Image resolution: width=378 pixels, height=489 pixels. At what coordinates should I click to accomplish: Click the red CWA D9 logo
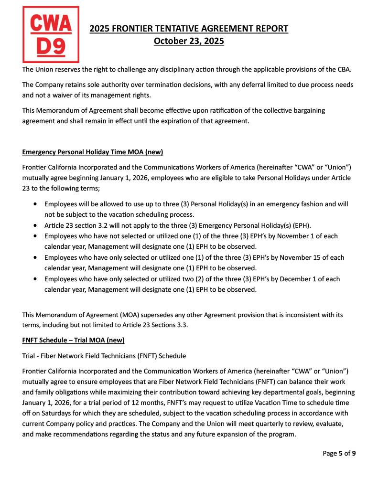click(x=50, y=34)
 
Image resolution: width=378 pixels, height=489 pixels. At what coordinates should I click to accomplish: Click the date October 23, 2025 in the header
click(x=189, y=41)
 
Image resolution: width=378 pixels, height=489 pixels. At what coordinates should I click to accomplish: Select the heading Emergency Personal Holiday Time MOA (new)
click(x=93, y=152)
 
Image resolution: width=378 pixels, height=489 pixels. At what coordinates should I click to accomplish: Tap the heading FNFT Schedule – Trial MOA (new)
click(x=73, y=340)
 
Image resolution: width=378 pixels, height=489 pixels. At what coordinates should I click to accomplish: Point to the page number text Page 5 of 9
click(x=339, y=453)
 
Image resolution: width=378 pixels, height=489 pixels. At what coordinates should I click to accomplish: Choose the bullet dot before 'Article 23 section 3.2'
click(x=36, y=225)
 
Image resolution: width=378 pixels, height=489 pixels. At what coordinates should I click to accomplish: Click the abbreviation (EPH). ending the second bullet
click(x=299, y=225)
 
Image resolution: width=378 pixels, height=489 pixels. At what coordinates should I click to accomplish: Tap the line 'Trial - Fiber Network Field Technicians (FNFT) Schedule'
click(x=104, y=356)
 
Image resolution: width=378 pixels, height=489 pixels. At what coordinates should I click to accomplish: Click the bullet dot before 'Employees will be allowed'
click(x=36, y=204)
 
